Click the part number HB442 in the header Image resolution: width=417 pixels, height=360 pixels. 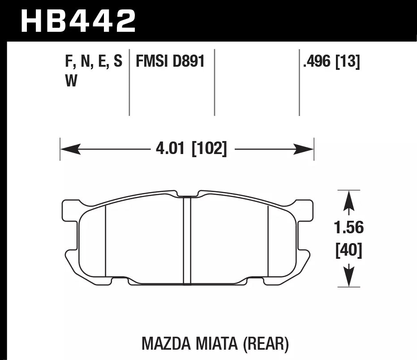tap(78, 21)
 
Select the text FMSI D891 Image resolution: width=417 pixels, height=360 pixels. tap(167, 61)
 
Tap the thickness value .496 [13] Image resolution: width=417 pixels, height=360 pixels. tap(331, 61)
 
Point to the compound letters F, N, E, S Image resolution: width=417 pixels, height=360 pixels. tap(93, 61)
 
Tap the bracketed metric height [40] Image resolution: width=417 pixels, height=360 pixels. tap(348, 250)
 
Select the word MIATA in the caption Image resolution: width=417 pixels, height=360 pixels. tap(215, 343)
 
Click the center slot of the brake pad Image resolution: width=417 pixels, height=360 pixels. tap(187, 240)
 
